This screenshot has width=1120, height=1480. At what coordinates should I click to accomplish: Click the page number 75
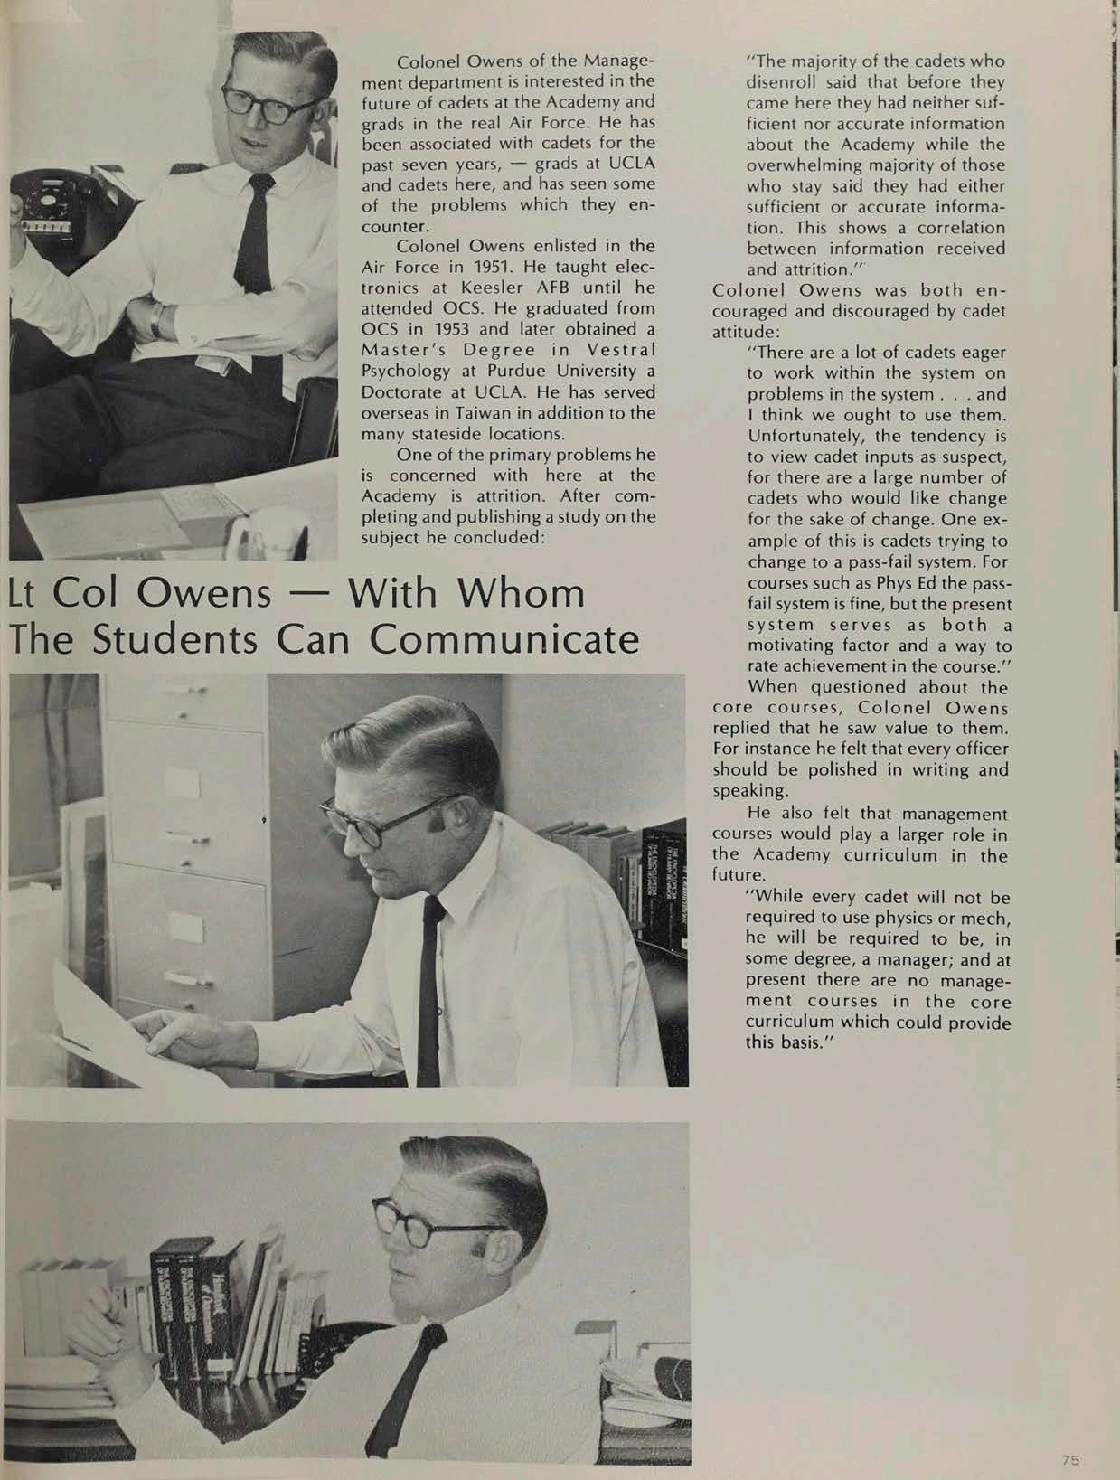pyautogui.click(x=1071, y=1459)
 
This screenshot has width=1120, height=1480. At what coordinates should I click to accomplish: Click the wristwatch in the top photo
pyautogui.click(x=158, y=320)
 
